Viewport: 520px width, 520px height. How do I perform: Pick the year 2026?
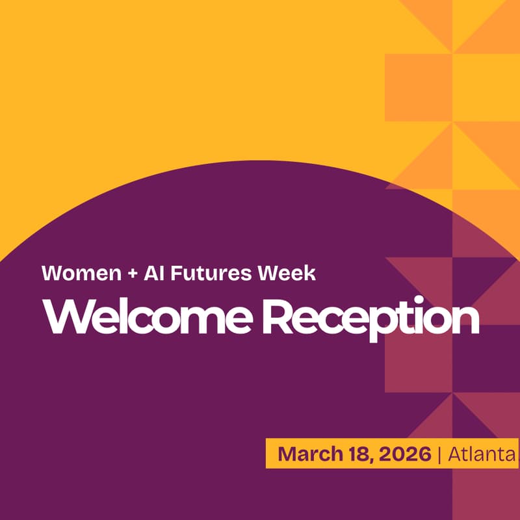coord(402,454)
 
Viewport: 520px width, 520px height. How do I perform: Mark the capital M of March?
coord(287,454)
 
